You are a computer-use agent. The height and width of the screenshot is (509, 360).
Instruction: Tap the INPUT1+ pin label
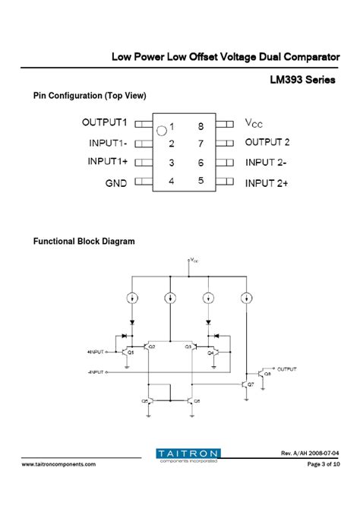(x=109, y=162)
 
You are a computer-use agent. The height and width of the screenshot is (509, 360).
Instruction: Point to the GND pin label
(x=116, y=182)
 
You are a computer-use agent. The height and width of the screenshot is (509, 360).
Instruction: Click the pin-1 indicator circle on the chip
(x=161, y=130)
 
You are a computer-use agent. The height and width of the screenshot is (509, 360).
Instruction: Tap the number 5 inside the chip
(x=201, y=181)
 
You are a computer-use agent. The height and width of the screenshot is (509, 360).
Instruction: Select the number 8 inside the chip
(x=201, y=126)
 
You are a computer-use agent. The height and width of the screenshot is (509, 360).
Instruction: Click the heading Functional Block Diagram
(x=84, y=242)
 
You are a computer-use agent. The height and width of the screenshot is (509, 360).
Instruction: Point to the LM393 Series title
(x=302, y=81)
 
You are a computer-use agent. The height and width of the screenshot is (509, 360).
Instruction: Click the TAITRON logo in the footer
(x=188, y=454)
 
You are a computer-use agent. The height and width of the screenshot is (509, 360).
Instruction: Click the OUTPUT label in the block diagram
(x=287, y=368)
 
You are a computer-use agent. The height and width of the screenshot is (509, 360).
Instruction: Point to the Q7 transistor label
(x=251, y=385)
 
